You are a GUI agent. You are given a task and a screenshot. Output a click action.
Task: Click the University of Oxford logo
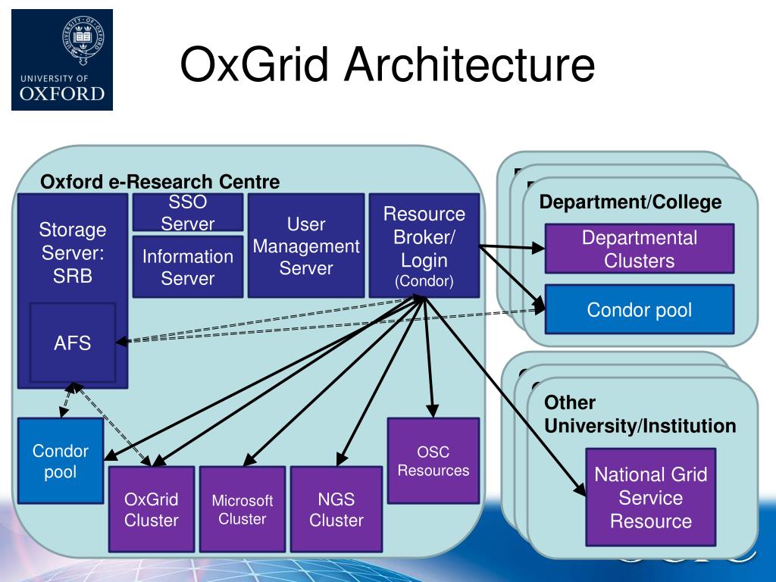[x=62, y=61]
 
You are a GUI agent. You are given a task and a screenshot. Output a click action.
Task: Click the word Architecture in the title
[x=469, y=64]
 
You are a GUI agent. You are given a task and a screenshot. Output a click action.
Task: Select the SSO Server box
[x=188, y=212]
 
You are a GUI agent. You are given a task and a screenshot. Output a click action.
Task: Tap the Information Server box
[x=188, y=268]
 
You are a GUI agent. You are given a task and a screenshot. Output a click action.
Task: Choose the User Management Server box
[x=305, y=246]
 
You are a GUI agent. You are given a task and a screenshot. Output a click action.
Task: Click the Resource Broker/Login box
[x=424, y=246]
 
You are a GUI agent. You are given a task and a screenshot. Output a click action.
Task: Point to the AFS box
[x=73, y=343]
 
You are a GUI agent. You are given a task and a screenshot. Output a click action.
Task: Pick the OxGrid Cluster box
[x=152, y=509]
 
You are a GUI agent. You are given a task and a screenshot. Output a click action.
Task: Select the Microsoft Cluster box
[x=242, y=509]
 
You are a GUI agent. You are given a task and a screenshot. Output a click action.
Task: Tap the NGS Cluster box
[x=336, y=509]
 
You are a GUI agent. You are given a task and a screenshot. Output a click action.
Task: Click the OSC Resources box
[x=433, y=461]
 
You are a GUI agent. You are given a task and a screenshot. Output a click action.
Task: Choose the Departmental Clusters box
[x=639, y=249]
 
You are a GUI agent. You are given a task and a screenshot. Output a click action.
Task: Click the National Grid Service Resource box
[x=650, y=497]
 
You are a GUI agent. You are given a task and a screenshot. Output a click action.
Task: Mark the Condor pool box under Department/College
[x=639, y=309]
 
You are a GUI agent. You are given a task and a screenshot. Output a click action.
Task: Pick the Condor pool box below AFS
[x=61, y=461]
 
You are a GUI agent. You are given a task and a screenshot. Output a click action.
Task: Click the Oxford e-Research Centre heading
[x=160, y=182]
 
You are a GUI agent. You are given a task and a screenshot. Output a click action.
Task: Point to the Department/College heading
[x=630, y=202]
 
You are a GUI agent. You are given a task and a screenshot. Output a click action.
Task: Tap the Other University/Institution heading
[x=640, y=415]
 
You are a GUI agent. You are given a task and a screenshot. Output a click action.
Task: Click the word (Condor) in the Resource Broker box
[x=424, y=282]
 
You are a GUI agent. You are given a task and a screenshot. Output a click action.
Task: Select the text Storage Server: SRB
[x=73, y=252]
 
